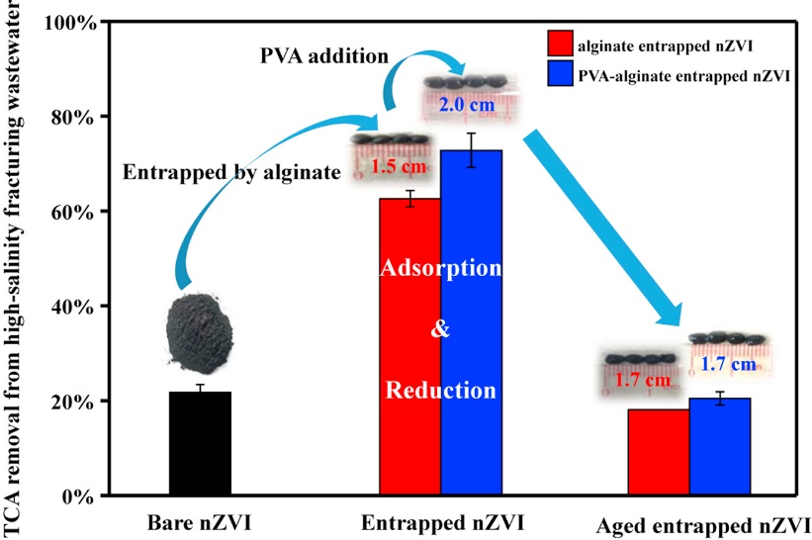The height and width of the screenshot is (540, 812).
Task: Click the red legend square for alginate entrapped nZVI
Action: click(560, 43)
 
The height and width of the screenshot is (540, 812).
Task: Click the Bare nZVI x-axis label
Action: click(199, 521)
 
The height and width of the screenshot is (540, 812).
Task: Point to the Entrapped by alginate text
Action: click(231, 172)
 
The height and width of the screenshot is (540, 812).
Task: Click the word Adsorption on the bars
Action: click(442, 268)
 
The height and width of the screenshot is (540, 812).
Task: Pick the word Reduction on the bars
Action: click(441, 390)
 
